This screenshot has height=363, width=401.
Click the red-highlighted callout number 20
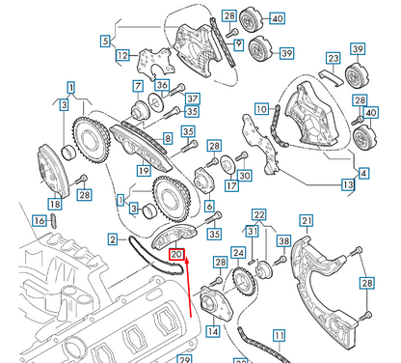pyautogui.click(x=176, y=256)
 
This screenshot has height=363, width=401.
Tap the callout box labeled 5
pyautogui.click(x=105, y=41)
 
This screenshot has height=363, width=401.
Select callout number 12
pyautogui.click(x=122, y=56)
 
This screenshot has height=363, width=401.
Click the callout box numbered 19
pyautogui.click(x=143, y=172)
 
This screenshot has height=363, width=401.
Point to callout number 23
pyautogui.click(x=333, y=58)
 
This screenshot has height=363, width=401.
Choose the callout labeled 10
pyautogui.click(x=260, y=108)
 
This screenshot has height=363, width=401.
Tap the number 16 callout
pyautogui.click(x=39, y=221)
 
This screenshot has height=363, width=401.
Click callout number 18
pyautogui.click(x=54, y=204)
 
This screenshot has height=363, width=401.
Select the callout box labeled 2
pyautogui.click(x=113, y=239)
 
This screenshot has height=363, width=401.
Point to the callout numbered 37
pyautogui.click(x=192, y=98)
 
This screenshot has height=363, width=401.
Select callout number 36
pyautogui.click(x=162, y=86)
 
